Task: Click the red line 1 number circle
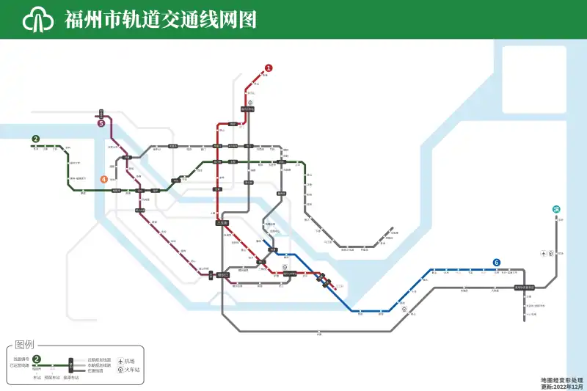click(269, 68)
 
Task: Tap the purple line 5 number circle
click(101, 123)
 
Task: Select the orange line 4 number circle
click(104, 178)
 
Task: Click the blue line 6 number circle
click(497, 263)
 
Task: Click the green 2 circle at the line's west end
click(35, 139)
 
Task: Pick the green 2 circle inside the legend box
click(37, 359)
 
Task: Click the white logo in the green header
click(40, 19)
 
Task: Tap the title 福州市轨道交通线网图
click(161, 20)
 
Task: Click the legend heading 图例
click(25, 345)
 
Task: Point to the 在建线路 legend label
click(95, 371)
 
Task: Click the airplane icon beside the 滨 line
click(543, 253)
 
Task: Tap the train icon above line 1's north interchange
click(250, 103)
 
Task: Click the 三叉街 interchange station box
click(222, 222)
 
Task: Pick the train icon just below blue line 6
click(404, 309)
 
